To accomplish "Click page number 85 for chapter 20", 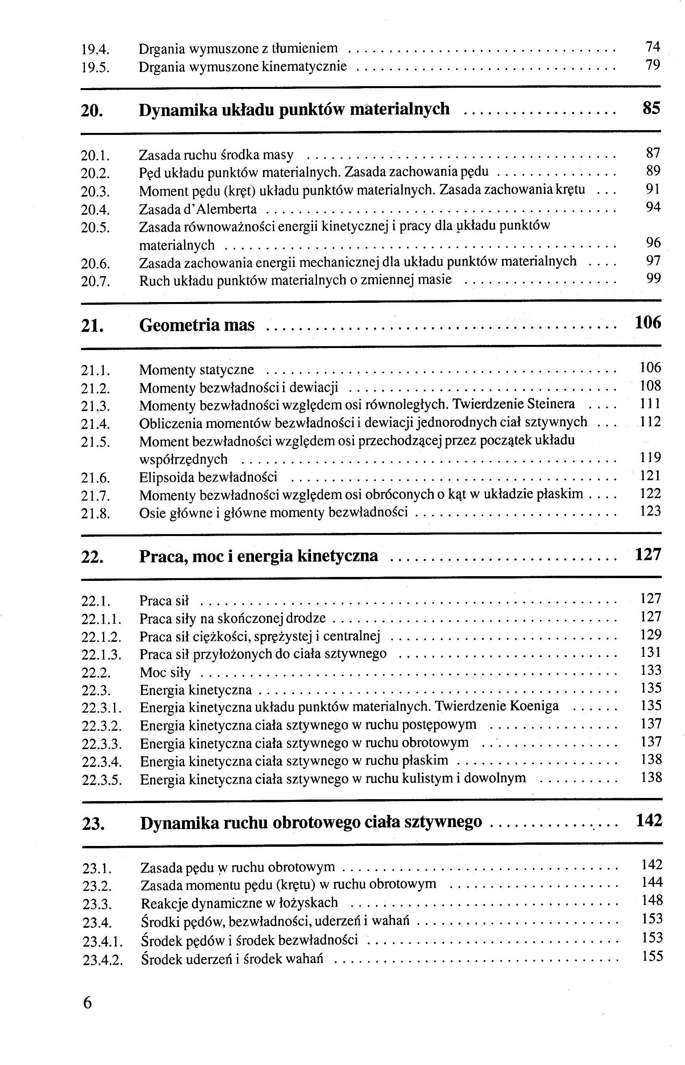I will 651,109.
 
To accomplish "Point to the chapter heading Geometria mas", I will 197,325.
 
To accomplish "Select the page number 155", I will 652,956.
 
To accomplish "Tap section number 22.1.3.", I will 101,655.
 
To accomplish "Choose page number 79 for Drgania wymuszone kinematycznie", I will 652,65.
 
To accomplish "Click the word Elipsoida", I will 166,477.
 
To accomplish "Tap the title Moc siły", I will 165,673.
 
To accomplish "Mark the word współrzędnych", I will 183,459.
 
